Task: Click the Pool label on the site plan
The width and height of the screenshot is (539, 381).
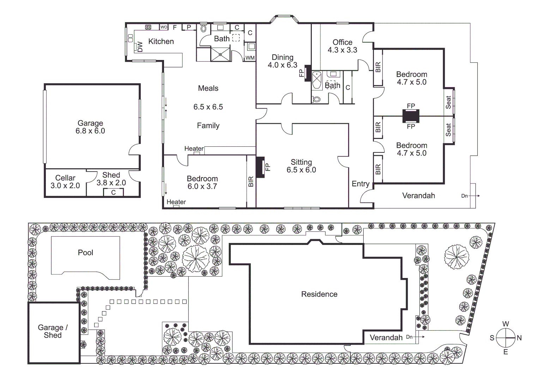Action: tap(85, 253)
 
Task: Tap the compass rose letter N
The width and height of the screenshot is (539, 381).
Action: tap(519, 338)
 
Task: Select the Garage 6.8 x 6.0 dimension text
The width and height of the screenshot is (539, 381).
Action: tap(90, 131)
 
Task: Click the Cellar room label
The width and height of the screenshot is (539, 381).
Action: tap(65, 178)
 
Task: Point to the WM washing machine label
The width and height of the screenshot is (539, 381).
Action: tap(250, 58)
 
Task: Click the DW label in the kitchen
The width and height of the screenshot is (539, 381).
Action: tap(140, 47)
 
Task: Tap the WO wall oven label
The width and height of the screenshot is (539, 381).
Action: tap(164, 27)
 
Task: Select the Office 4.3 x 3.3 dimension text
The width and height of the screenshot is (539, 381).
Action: tap(342, 50)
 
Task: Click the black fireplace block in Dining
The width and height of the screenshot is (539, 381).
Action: tap(307, 73)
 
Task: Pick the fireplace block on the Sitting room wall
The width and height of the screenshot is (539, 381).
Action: tap(260, 167)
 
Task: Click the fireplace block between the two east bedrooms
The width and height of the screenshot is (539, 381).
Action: tap(411, 115)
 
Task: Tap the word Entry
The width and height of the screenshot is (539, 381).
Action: tap(361, 184)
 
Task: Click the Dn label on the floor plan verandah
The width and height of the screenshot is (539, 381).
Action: tap(465, 196)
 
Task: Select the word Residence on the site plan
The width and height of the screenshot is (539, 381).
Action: tap(319, 294)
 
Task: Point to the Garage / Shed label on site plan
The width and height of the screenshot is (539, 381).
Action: tap(53, 331)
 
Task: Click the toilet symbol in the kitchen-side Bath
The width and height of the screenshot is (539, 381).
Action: tap(204, 28)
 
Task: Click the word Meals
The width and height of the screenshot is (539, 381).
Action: tap(208, 88)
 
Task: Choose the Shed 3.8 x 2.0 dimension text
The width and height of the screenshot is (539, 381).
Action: tap(111, 183)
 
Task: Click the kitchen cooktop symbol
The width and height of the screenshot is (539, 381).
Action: tap(148, 27)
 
